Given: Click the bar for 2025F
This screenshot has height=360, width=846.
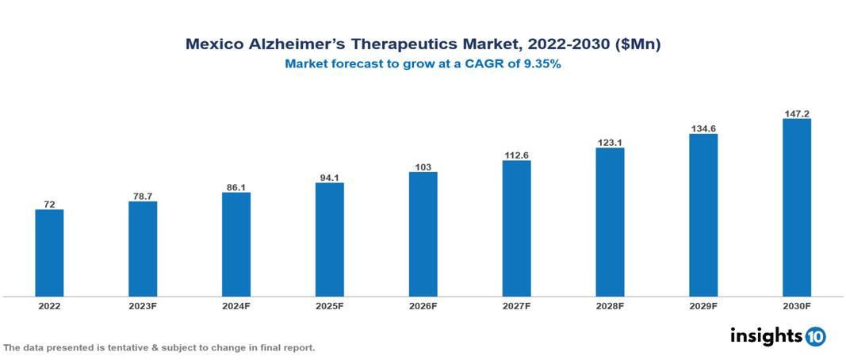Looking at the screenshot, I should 329,239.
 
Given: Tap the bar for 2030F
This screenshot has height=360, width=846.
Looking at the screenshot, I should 796,208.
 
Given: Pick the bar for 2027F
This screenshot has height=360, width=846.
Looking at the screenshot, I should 516,228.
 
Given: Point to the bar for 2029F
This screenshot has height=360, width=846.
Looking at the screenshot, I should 703,215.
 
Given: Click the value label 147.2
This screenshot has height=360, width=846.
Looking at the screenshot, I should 796,113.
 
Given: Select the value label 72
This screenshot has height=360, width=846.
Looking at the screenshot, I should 49,204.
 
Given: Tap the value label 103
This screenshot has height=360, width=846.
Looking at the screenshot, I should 423,167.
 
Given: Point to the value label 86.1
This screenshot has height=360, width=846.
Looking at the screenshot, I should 235,187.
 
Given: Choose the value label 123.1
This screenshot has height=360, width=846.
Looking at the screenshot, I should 610,143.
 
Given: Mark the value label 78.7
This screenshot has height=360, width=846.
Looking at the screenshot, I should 143,196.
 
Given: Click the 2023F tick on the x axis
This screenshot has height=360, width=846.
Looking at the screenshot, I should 143,305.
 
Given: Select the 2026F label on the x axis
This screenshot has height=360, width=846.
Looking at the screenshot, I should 423,305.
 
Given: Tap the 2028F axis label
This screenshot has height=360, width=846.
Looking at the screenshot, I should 610,305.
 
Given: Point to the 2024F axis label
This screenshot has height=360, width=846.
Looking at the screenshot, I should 235,305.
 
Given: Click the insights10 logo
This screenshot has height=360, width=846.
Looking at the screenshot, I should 777,336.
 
